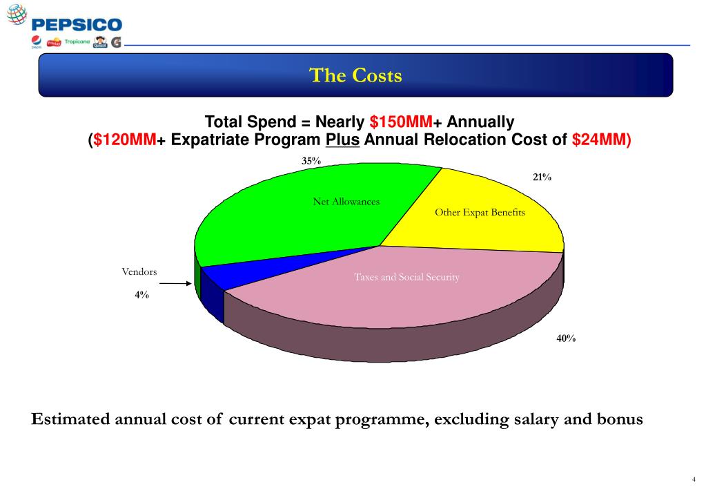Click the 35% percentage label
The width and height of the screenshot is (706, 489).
click(311, 161)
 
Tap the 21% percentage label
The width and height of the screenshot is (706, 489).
click(542, 178)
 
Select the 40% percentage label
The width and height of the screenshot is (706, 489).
click(566, 338)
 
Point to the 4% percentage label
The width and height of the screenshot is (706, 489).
click(141, 294)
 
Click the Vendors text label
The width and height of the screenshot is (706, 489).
click(139, 272)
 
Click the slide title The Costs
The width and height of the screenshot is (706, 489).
click(355, 75)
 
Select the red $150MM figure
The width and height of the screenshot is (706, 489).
click(401, 123)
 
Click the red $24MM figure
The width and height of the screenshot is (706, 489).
click(598, 140)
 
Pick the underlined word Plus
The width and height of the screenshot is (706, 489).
click(342, 140)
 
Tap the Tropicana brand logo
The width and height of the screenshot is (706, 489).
click(77, 42)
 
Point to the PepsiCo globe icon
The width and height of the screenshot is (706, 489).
click(16, 14)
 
